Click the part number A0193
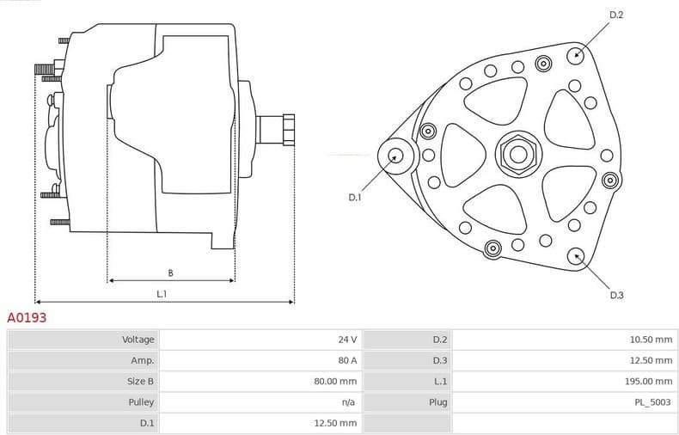coord(27,318)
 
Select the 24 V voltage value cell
coord(347,340)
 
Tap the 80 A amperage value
coord(347,360)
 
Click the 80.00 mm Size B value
coord(336,381)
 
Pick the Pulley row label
coord(141,401)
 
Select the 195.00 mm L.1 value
coord(649,381)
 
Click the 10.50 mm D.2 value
coord(651,340)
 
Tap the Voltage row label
coord(138,340)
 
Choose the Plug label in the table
coord(438,401)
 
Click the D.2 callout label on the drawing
coord(615,15)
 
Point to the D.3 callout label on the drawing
coord(616,295)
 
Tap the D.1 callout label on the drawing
coord(355,197)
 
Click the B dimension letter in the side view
coord(170,273)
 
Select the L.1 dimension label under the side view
coord(162,294)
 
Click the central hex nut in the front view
coord(517,155)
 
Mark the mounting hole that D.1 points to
coord(395,156)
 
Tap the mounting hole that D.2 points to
coord(575,55)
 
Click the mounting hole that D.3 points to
coord(575,254)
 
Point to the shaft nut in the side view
coord(287,130)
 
